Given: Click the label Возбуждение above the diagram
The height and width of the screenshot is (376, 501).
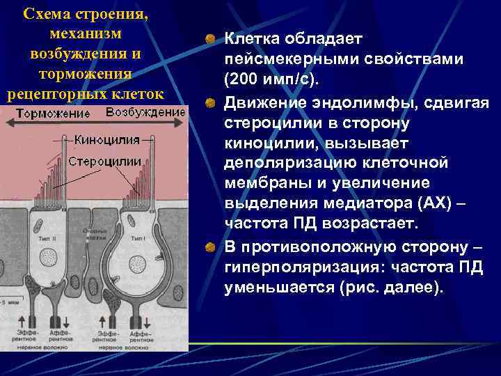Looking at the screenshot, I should pyautogui.click(x=145, y=113).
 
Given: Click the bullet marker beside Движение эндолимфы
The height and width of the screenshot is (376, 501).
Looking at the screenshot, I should pyautogui.click(x=210, y=103).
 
